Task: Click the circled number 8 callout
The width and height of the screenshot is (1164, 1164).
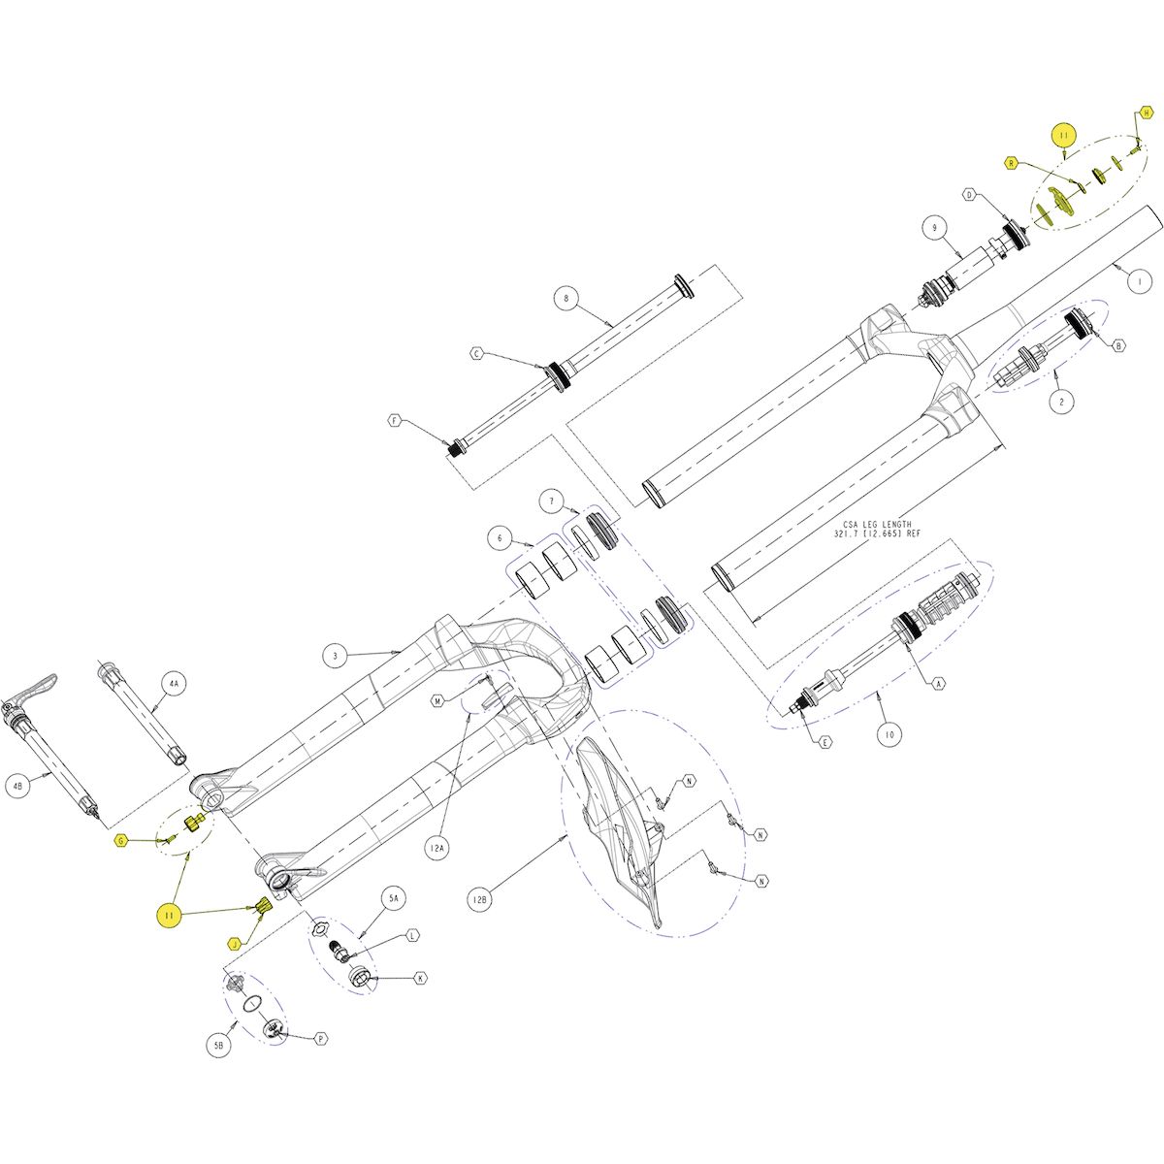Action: coord(567,299)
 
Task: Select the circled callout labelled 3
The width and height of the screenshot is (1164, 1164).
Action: coord(334,657)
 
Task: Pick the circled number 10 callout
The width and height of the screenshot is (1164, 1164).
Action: coord(889,736)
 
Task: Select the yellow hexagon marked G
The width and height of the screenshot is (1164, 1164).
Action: coord(121,840)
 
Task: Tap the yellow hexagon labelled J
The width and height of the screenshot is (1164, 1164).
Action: coord(234,944)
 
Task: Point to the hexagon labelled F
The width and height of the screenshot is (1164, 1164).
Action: coord(395,421)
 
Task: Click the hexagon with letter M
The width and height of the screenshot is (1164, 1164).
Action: coord(438,700)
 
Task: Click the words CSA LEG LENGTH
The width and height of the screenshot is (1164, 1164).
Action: coord(873,523)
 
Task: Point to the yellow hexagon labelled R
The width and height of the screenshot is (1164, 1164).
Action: coord(1011,164)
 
